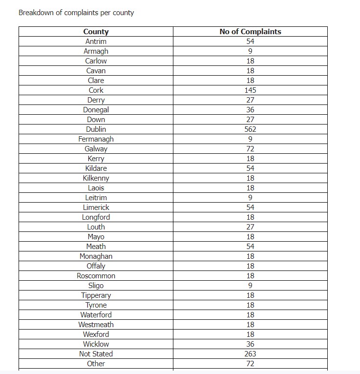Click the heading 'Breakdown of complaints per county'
76,13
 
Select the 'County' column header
96,32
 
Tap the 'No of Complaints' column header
250,32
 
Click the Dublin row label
96,129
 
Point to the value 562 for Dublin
250,129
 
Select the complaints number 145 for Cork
250,90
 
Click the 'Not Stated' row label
96,354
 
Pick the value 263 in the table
250,354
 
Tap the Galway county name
96,149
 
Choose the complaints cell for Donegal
250,110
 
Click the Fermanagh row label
96,139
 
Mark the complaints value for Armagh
250,51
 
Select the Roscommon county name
96,276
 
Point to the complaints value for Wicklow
250,344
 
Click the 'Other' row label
96,364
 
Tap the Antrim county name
96,42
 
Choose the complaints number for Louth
250,227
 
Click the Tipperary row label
96,295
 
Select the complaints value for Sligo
250,286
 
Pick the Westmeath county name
96,325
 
